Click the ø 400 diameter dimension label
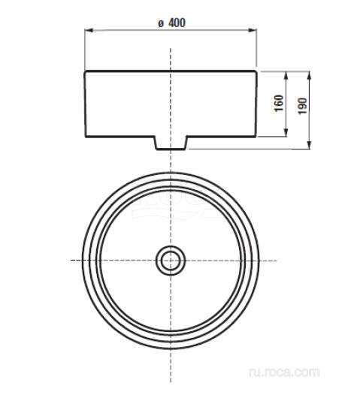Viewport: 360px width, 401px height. [x=171, y=23]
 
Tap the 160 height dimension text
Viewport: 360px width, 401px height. [x=278, y=104]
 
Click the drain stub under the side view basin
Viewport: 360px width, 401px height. [x=171, y=143]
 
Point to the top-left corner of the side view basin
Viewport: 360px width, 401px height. [x=85, y=71]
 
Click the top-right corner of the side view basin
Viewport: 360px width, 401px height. [x=256, y=71]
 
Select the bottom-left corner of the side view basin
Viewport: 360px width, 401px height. [x=86, y=137]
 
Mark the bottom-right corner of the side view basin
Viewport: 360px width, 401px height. [x=256, y=137]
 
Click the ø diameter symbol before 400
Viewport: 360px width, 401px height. [x=160, y=23]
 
